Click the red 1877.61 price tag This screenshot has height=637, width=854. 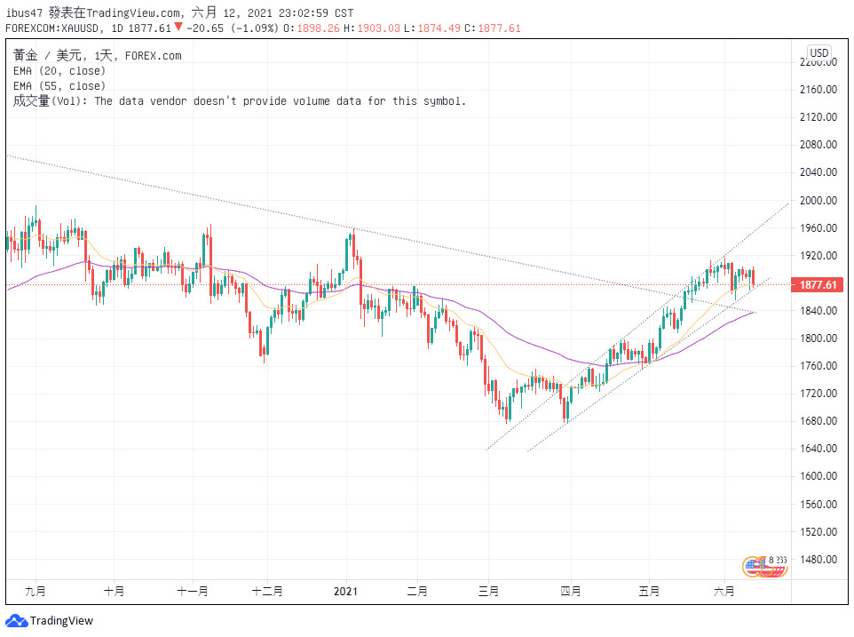click(x=818, y=285)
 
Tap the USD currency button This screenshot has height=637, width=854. click(x=818, y=53)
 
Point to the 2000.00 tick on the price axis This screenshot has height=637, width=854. click(x=818, y=201)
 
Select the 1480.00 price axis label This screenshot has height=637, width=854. click(x=818, y=560)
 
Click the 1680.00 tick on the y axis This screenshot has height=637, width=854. click(x=818, y=421)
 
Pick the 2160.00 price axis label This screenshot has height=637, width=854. click(x=818, y=90)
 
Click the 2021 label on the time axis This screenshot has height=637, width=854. click(x=344, y=591)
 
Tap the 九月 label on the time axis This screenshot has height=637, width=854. click(x=36, y=591)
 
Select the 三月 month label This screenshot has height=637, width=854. click(x=488, y=591)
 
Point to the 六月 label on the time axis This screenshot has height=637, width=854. click(x=725, y=591)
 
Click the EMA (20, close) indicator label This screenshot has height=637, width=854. click(x=59, y=71)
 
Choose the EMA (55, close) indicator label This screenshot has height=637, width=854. click(x=59, y=86)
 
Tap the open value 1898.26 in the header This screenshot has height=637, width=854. click(x=328, y=28)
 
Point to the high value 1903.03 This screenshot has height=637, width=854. click(x=378, y=28)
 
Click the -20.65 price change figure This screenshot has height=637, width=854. click(x=205, y=28)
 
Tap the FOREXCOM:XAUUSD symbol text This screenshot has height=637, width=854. click(x=53, y=28)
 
